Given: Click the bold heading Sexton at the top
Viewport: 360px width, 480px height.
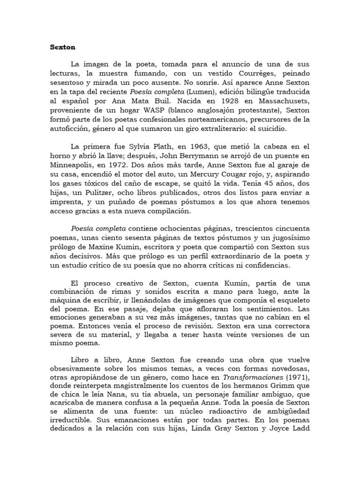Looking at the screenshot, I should pyautogui.click(x=62, y=47).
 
